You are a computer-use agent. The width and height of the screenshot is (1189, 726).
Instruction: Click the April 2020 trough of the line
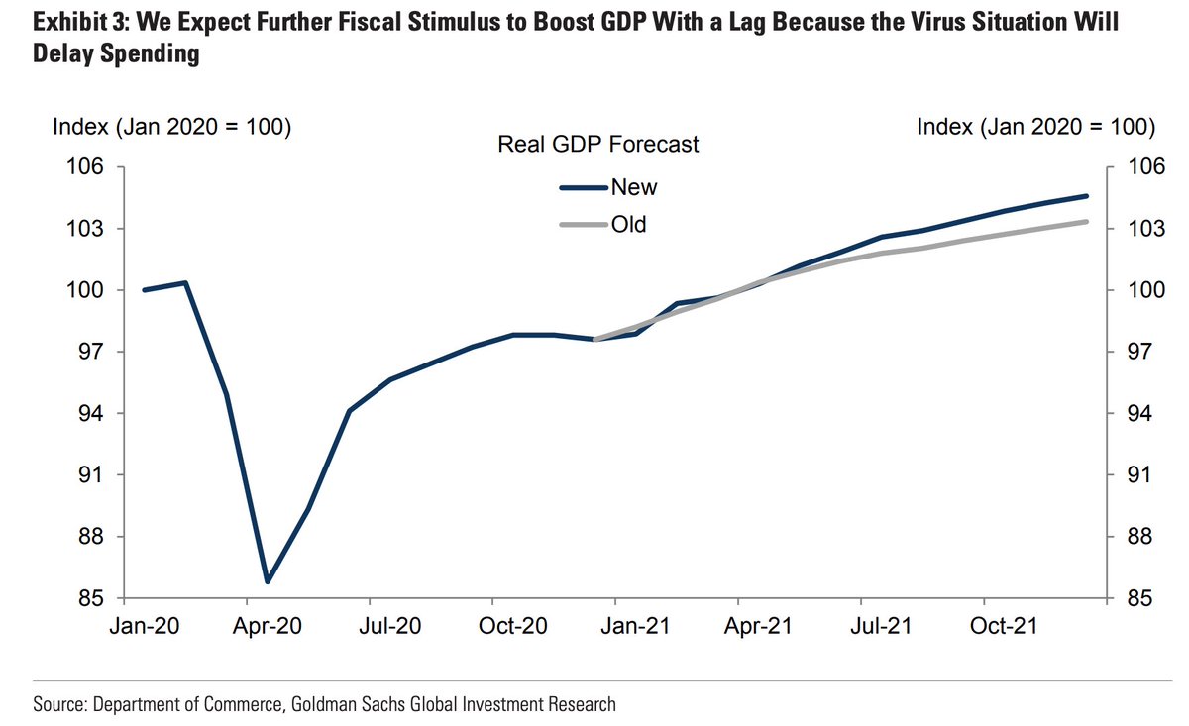coord(268,581)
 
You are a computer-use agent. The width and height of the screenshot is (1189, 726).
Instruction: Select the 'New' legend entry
coord(634,187)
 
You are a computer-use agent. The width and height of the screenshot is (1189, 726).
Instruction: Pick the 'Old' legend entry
coord(628,225)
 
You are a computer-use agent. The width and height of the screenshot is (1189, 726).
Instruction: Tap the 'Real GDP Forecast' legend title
coord(597,145)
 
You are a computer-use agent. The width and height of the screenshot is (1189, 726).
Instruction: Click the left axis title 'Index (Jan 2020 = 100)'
coord(170,127)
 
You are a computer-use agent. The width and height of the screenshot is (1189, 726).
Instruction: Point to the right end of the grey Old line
coord(1087,222)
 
